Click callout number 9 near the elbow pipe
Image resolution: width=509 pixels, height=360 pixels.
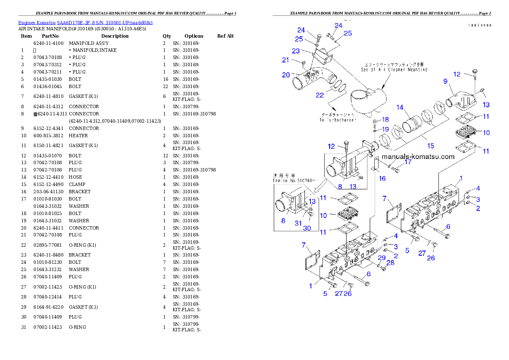pos(445,81)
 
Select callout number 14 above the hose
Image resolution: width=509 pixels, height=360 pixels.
pos(400,107)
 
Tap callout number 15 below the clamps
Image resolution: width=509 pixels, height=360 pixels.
pos(430,146)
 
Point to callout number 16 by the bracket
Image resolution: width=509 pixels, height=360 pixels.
pos(382,178)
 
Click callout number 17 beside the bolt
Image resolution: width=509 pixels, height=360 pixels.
pos(408,162)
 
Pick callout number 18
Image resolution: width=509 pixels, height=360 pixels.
pos(385,120)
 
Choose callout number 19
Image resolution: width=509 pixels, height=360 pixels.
pos(385,129)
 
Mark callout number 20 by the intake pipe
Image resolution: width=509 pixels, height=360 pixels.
pos(286,75)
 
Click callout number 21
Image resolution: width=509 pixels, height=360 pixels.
pos(285,60)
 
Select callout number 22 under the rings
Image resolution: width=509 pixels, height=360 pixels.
pos(320,95)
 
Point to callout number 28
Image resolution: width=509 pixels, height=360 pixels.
pos(391,263)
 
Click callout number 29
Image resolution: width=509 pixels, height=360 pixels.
pos(382,257)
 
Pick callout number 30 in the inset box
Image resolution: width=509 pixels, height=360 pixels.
pos(307,228)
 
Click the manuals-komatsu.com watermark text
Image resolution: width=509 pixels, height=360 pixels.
pos(418,156)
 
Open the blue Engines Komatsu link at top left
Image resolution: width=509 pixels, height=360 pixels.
pos(85,23)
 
